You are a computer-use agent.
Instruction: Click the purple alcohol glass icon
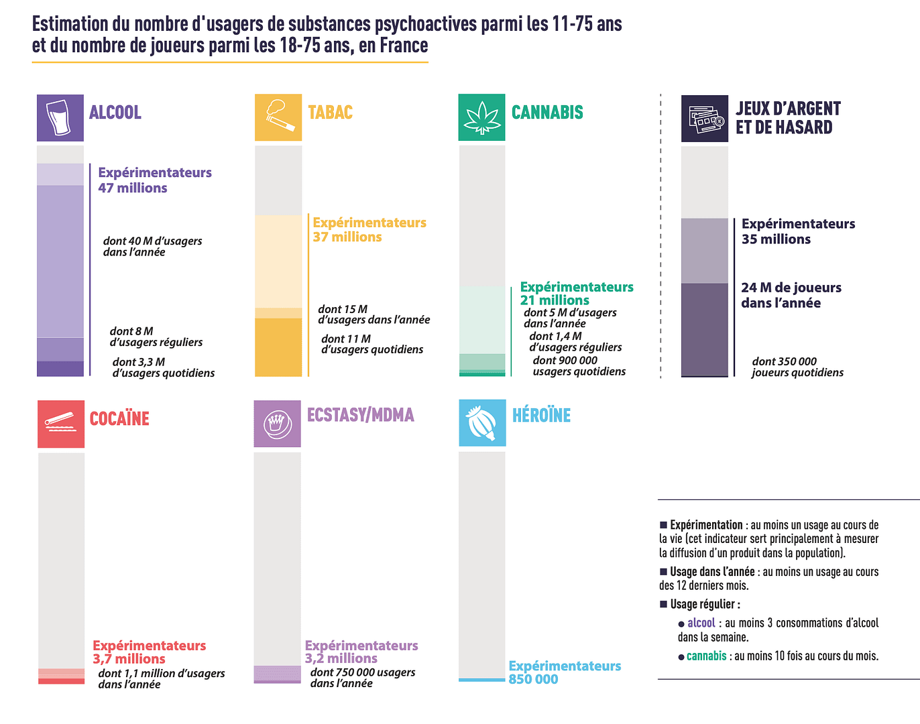click(60, 117)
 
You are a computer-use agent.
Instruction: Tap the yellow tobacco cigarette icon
click(278, 117)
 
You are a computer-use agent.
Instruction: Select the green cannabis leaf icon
click(481, 117)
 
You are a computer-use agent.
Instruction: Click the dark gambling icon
click(704, 119)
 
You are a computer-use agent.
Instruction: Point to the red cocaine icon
click(61, 424)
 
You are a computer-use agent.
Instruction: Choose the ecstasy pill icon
click(277, 424)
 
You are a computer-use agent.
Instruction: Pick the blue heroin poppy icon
click(481, 423)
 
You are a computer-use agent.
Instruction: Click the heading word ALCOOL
click(115, 113)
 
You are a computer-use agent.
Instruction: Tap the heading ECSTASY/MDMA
click(360, 415)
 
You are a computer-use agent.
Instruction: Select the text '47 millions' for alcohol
click(133, 188)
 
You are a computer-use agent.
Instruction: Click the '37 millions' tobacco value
click(347, 237)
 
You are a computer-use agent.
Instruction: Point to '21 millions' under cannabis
click(555, 300)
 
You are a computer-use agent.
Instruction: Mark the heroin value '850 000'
click(533, 679)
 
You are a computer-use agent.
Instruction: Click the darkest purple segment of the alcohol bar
click(60, 369)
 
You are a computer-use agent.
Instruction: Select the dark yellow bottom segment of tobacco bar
click(278, 347)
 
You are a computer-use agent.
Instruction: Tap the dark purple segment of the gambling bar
click(704, 328)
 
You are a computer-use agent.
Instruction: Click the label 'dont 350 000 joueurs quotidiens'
click(797, 367)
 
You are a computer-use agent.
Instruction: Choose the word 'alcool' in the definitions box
click(701, 623)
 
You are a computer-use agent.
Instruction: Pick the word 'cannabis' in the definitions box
click(706, 656)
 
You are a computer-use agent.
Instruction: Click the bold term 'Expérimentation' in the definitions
click(706, 525)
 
